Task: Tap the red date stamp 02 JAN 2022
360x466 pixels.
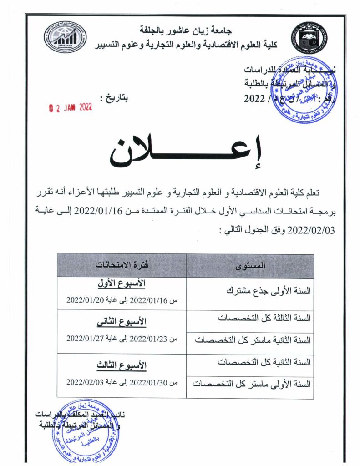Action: [x=71, y=107]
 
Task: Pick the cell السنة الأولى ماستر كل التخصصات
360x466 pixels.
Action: [x=252, y=384]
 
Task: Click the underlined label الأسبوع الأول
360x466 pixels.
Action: [x=122, y=284]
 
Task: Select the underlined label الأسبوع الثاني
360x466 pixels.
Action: [x=122, y=323]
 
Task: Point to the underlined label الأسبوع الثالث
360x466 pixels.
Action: [x=122, y=365]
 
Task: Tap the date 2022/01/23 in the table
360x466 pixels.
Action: [x=146, y=338]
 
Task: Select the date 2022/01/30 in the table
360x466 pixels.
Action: [x=146, y=383]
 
